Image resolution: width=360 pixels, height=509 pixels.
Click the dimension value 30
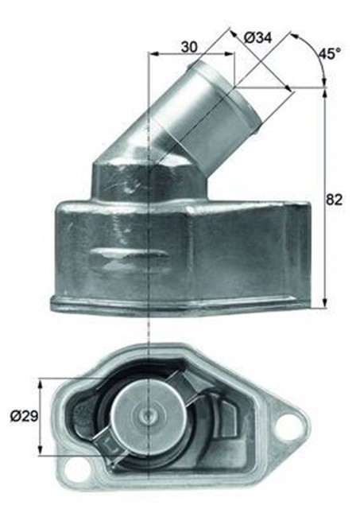click(189, 46)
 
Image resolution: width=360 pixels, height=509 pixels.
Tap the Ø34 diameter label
click(259, 37)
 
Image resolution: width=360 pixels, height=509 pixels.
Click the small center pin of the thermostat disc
click(149, 414)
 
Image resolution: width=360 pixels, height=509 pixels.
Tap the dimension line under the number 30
click(192, 55)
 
